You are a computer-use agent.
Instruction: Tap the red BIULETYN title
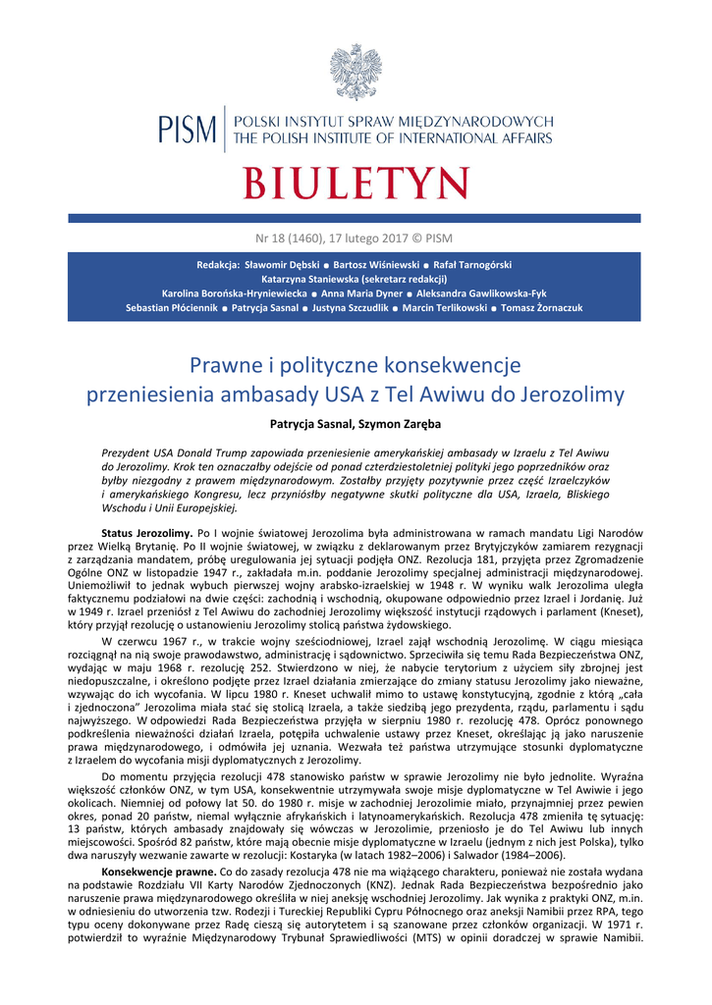click(356, 184)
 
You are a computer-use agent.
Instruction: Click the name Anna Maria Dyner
click(362, 293)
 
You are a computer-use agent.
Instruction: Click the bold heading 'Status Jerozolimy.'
click(147, 532)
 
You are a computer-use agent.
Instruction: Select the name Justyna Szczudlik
click(349, 307)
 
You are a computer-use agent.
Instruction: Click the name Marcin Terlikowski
click(446, 307)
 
